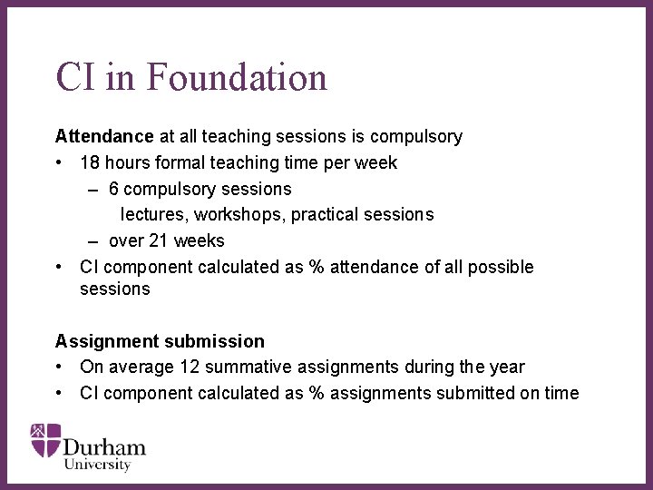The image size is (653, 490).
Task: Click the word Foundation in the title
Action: [x=236, y=77]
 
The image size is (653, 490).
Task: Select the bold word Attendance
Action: [x=104, y=137]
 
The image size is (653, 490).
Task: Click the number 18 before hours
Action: [x=90, y=163]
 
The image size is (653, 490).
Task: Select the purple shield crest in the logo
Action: [x=45, y=439]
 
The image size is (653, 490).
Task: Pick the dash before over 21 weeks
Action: [x=93, y=241]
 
